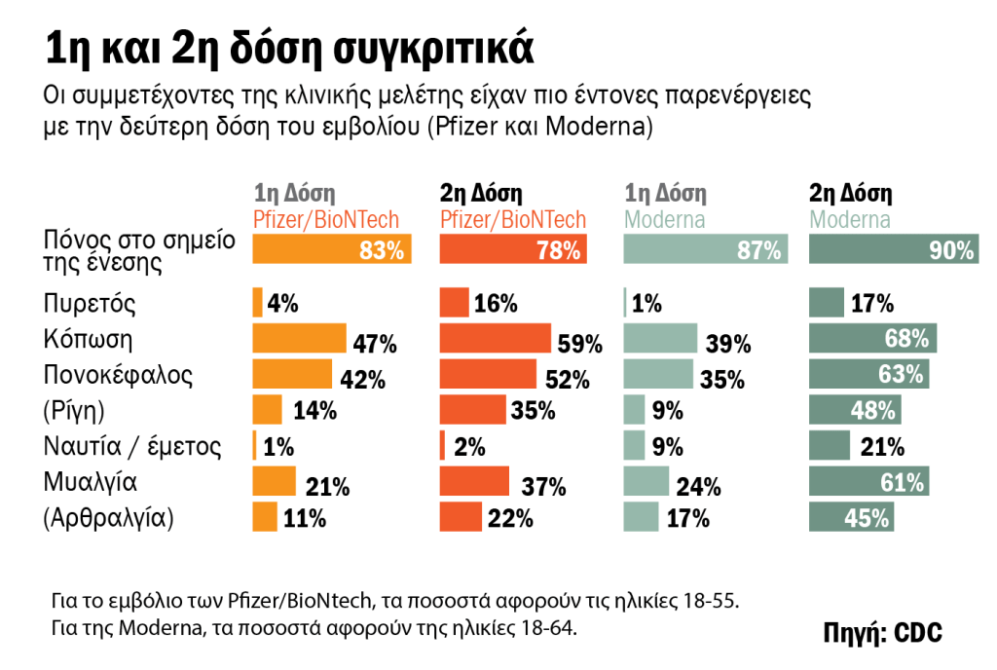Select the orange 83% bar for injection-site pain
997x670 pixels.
(x=332, y=250)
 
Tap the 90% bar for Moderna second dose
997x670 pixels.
(x=893, y=250)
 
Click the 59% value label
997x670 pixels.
(x=580, y=343)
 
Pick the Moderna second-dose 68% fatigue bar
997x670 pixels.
(x=873, y=339)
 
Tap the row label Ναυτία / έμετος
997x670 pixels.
(x=133, y=446)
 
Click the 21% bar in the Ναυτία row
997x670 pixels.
(x=831, y=445)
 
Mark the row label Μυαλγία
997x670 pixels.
(x=91, y=481)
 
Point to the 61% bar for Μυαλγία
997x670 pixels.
(x=869, y=481)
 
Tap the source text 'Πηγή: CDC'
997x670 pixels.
(x=883, y=631)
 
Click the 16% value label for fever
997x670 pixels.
(x=496, y=304)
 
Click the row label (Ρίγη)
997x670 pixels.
(x=74, y=410)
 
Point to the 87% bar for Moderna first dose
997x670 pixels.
(x=703, y=250)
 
